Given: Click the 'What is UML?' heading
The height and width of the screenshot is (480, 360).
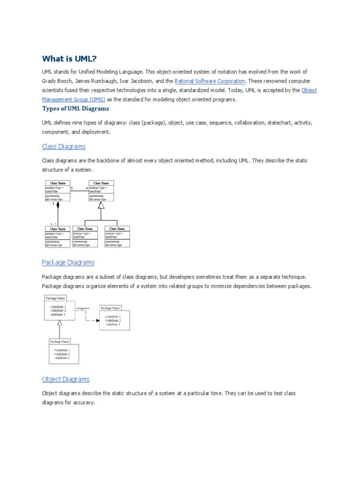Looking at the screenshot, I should click(69, 59).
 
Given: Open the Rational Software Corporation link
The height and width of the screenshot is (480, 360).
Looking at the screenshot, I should click(210, 81).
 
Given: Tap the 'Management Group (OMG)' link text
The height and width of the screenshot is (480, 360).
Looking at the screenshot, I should click(74, 99).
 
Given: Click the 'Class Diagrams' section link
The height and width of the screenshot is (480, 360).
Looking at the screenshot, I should click(64, 147).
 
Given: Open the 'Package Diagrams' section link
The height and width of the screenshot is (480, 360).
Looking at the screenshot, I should click(68, 262).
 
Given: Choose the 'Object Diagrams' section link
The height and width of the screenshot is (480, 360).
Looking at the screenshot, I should click(66, 379).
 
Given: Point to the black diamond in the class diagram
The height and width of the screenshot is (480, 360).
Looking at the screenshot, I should click(58, 205).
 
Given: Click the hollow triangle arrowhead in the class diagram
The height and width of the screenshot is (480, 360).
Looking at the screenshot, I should click(101, 205).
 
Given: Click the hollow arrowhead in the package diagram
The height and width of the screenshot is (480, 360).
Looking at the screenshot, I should click(59, 322).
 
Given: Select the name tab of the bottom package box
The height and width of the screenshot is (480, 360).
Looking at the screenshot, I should click(60, 342).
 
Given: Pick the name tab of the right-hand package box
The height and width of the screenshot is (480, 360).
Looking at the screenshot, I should click(110, 308).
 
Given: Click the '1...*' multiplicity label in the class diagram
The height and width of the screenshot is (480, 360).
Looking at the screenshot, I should click(54, 224).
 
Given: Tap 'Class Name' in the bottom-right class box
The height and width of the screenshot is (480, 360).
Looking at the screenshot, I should click(117, 229).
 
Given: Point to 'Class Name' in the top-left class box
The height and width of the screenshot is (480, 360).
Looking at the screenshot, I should click(58, 183).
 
